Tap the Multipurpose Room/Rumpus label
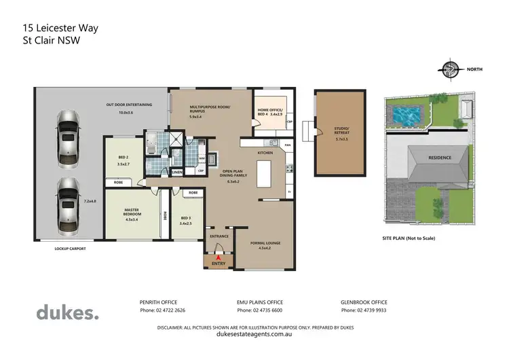pos(210,109)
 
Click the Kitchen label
pos(265,154)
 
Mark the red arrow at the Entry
pos(218,257)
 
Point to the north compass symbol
pos(449,69)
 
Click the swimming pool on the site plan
pos(406,112)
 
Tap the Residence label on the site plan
pos(438,158)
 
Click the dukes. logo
pos(67,312)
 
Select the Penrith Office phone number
pos(162,310)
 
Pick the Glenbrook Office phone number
pos(364,310)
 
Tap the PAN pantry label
pos(288,145)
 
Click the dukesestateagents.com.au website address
pos(254,334)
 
